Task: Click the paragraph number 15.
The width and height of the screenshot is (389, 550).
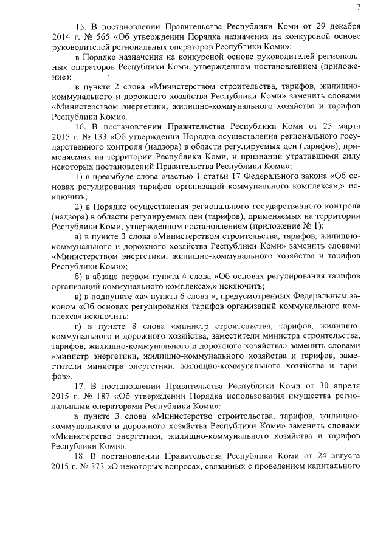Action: point(80,29)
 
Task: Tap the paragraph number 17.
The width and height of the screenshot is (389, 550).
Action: point(80,386)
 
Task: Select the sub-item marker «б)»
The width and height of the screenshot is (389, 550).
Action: point(78,284)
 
